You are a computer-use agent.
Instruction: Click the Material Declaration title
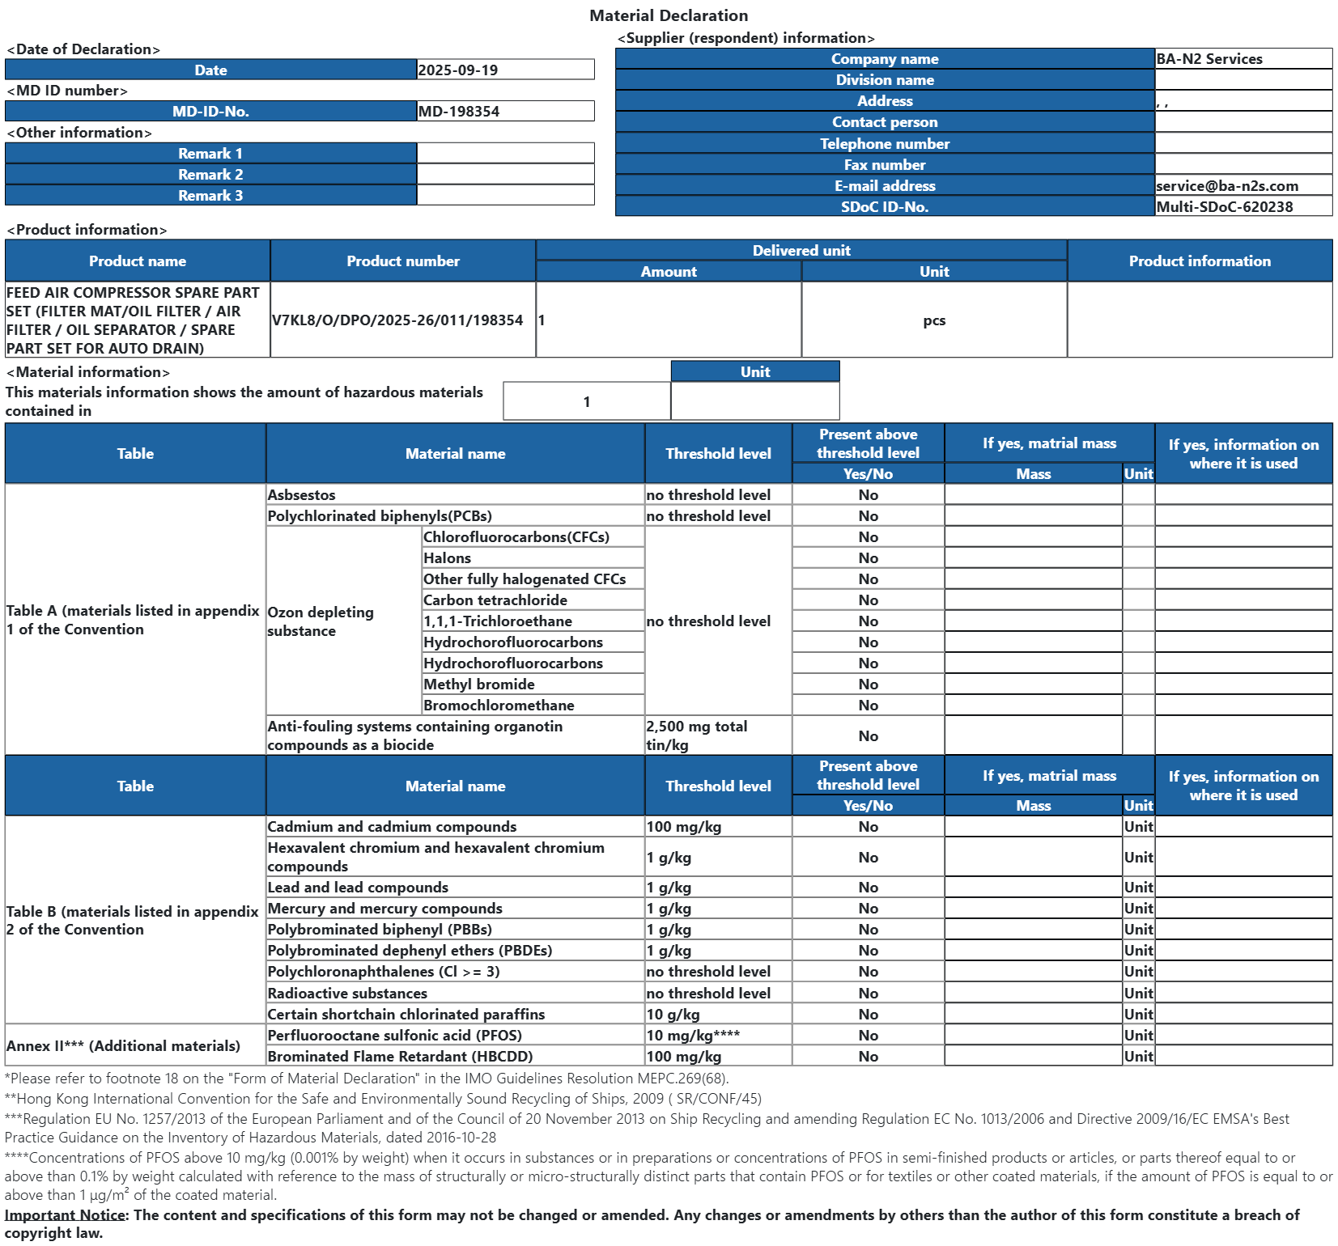[669, 15]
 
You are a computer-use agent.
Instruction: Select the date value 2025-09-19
[458, 70]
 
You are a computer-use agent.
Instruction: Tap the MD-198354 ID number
[459, 112]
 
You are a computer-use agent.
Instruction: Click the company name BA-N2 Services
[1209, 59]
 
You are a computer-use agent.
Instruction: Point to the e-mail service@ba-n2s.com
[1227, 186]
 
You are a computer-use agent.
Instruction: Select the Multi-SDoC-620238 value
[1225, 207]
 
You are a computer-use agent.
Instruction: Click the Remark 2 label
[210, 175]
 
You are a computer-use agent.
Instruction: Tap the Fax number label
[885, 165]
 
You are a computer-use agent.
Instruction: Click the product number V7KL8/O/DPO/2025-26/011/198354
[397, 320]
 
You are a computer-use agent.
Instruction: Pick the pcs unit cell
[934, 320]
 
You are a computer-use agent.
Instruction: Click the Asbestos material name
[302, 495]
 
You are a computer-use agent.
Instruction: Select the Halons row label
[447, 558]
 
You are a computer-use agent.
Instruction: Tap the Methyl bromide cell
[479, 684]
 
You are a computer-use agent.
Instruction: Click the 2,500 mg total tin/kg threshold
[696, 735]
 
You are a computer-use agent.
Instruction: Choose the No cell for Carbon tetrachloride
[868, 600]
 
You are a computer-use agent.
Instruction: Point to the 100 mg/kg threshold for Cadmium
[684, 827]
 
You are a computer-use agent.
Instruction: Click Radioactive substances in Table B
[347, 994]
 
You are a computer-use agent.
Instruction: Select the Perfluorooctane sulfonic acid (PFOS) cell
[395, 1036]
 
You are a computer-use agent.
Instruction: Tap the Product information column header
[1200, 261]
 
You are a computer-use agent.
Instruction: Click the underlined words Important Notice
[65, 1215]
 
